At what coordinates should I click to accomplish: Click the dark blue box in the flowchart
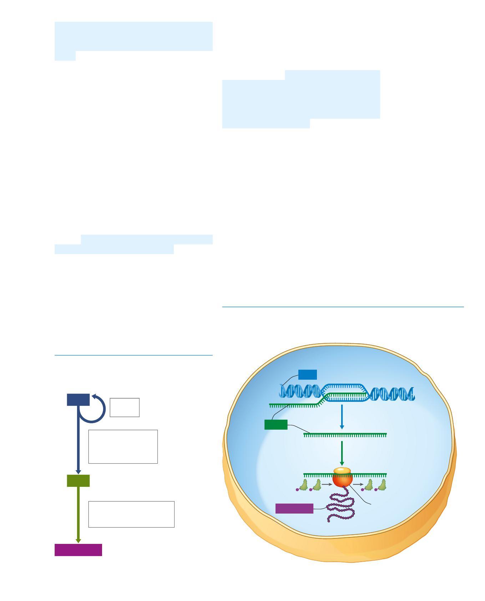pos(78,400)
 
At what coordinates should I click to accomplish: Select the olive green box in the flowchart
pos(78,481)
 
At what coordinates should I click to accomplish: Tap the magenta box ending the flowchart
pos(78,550)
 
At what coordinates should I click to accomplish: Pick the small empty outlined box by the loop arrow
pos(125,407)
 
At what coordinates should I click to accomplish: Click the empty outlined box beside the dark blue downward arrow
pos(123,446)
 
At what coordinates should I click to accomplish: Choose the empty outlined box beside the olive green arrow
pos(131,514)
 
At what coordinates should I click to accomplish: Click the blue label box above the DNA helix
pos(308,375)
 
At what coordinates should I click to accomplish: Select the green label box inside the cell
pos(276,425)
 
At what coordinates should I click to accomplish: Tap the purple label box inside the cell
pos(294,509)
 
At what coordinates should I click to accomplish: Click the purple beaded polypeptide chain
pos(342,507)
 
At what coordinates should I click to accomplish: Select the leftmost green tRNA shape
pos(303,485)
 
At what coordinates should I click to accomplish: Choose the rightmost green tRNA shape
pos(382,485)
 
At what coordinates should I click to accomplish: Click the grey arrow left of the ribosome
pos(327,485)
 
